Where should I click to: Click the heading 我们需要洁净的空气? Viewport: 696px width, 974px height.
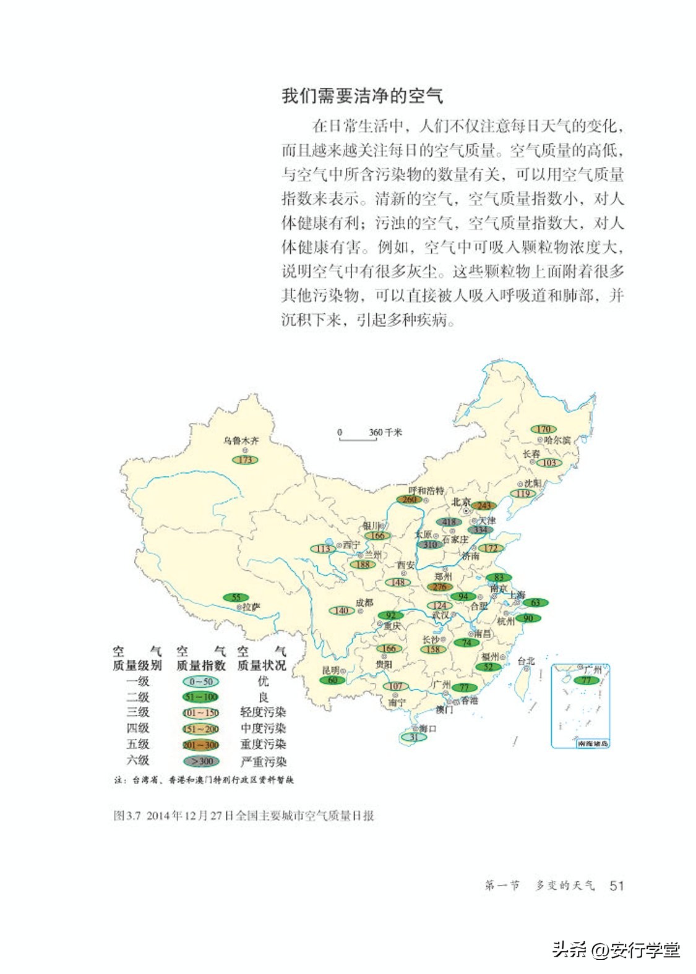pyautogui.click(x=362, y=96)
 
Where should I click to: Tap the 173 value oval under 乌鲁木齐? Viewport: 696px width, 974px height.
pyautogui.click(x=245, y=459)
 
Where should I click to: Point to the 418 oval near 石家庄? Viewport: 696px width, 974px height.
pyautogui.click(x=449, y=523)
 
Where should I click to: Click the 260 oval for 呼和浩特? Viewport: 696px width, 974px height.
pyautogui.click(x=410, y=500)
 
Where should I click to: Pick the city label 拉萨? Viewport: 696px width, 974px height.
pyautogui.click(x=251, y=607)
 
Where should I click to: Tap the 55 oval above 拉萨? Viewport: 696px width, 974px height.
pyautogui.click(x=236, y=597)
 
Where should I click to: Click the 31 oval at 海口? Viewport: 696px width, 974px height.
pyautogui.click(x=414, y=737)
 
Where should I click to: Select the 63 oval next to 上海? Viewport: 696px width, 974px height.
pyautogui.click(x=535, y=602)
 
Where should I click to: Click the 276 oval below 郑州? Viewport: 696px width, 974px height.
pyautogui.click(x=439, y=587)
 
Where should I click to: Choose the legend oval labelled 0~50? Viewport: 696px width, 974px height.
pyautogui.click(x=200, y=681)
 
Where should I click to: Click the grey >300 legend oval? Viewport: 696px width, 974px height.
pyautogui.click(x=201, y=761)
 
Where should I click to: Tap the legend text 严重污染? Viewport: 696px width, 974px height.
pyautogui.click(x=264, y=761)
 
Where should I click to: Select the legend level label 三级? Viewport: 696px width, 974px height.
pyautogui.click(x=138, y=712)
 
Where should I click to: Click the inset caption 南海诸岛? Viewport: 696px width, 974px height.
pyautogui.click(x=593, y=743)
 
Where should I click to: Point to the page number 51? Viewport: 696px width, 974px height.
pyautogui.click(x=616, y=886)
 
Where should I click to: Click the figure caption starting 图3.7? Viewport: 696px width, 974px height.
pyautogui.click(x=244, y=816)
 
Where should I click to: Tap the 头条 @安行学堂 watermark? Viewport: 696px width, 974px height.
pyautogui.click(x=616, y=949)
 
